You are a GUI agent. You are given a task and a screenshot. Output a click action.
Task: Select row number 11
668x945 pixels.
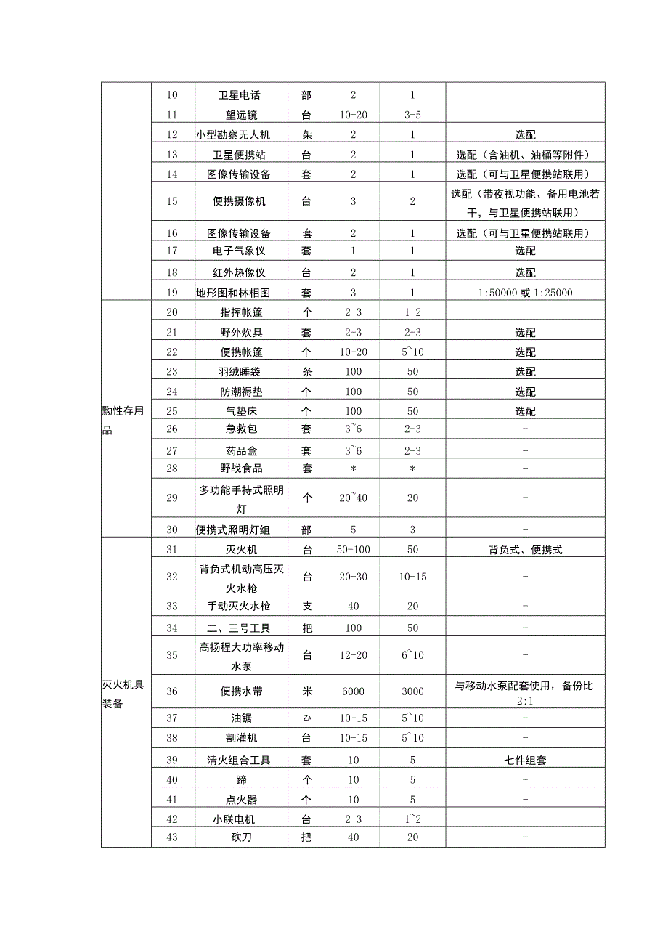[172, 114]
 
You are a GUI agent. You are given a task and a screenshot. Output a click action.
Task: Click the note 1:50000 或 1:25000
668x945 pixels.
[525, 293]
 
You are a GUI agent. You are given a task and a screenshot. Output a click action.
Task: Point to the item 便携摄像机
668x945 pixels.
[241, 201]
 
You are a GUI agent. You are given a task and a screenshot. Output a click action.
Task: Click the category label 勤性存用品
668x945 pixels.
[123, 420]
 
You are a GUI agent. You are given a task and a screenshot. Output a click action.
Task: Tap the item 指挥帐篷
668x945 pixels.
[241, 313]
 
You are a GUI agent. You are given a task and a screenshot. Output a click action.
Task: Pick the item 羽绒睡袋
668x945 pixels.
[241, 371]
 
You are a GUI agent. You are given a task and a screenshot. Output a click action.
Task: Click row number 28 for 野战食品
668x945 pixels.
[172, 469]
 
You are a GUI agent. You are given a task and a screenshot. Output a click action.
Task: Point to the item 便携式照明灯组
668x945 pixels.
[241, 530]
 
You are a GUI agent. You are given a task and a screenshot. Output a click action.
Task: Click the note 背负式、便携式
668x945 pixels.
[525, 550]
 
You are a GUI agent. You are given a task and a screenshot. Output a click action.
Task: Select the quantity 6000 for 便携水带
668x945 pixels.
[353, 691]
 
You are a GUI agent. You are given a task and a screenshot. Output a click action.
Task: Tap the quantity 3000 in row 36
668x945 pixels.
[412, 691]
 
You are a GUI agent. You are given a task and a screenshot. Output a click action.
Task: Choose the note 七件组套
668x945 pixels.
[525, 761]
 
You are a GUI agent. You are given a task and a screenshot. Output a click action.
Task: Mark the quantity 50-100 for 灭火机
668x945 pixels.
[353, 550]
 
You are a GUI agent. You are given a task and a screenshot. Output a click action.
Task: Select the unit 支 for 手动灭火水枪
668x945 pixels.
[307, 606]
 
